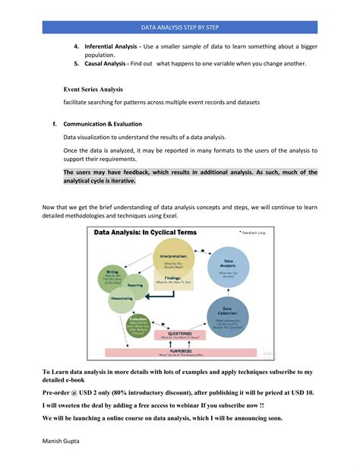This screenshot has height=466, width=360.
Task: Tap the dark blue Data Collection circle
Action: click(x=228, y=317)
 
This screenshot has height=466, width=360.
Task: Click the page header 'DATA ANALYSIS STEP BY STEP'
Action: click(x=179, y=27)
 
